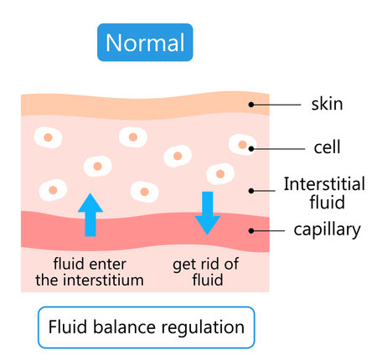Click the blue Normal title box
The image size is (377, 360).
[145, 41]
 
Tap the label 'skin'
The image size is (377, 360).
[328, 105]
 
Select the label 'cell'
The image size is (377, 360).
[326, 148]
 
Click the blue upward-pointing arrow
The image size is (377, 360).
[90, 214]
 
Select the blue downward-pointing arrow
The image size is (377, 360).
[207, 213]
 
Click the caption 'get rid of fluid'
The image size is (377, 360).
[207, 271]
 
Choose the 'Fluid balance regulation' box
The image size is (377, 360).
[146, 327]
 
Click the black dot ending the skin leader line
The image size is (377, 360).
[250, 105]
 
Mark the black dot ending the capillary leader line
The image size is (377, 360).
[250, 229]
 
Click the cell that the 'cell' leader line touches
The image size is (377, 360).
[242, 145]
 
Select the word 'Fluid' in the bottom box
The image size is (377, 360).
[66, 327]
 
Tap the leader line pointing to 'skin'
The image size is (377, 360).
[276, 105]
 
